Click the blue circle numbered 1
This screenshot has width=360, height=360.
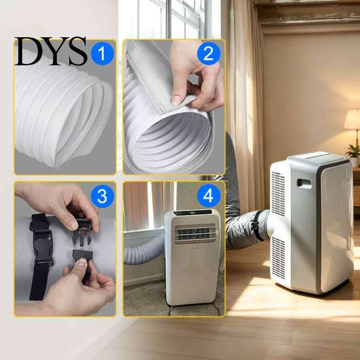[103, 54]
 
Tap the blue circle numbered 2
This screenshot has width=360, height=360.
[208, 54]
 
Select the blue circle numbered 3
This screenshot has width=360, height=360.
[103, 197]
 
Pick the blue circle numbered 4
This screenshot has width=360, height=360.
[208, 196]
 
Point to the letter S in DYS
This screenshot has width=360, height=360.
[77, 51]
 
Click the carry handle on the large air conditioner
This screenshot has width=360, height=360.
[304, 184]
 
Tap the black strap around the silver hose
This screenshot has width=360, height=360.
[257, 225]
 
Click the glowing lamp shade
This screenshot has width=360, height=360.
[352, 120]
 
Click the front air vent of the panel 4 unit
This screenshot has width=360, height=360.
[195, 234]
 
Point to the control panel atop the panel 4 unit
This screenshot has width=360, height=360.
[192, 212]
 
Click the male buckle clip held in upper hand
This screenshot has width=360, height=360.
[82, 231]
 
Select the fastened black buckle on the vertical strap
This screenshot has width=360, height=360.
[42, 246]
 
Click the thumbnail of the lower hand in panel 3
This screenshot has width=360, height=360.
[81, 262]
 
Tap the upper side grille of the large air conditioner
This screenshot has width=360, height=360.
[278, 193]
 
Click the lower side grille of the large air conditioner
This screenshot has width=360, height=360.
[278, 257]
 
